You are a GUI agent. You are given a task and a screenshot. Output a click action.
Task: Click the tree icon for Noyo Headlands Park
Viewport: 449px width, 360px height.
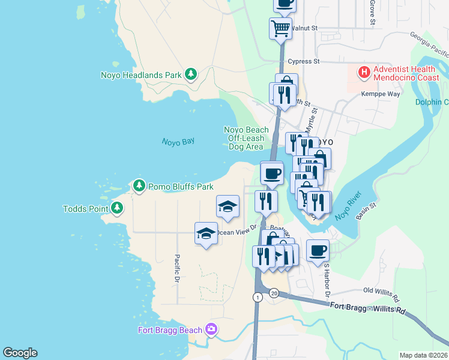point(191,74)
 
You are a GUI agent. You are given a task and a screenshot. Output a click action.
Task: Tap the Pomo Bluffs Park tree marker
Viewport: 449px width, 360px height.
point(139,186)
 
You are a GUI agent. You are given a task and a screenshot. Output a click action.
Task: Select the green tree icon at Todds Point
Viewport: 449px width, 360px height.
point(116,209)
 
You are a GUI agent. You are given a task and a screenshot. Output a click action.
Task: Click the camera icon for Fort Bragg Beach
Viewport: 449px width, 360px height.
point(211,329)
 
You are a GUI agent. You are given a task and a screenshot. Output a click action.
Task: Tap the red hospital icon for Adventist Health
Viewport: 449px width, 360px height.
point(363,73)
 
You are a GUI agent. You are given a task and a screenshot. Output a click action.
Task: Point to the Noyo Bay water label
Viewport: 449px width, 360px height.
point(178,142)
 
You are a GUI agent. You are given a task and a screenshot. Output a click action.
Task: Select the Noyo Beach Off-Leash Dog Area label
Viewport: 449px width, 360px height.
point(246,138)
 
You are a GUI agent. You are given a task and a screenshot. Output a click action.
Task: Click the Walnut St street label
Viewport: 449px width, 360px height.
point(305,28)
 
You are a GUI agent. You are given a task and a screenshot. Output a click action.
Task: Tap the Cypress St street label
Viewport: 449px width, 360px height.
point(304,61)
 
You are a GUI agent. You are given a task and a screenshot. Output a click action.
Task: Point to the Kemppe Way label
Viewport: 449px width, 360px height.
point(380,94)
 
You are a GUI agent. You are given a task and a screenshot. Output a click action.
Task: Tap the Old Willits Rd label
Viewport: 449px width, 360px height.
point(381,294)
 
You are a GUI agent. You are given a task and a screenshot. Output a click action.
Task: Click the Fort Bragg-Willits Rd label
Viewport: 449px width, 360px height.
point(368,308)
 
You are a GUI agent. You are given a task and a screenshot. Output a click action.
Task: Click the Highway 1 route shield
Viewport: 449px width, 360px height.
point(257,297)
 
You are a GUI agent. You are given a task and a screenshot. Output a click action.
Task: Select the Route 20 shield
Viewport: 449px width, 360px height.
point(274,293)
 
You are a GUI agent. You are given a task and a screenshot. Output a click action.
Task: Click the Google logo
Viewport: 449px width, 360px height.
point(20,353)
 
